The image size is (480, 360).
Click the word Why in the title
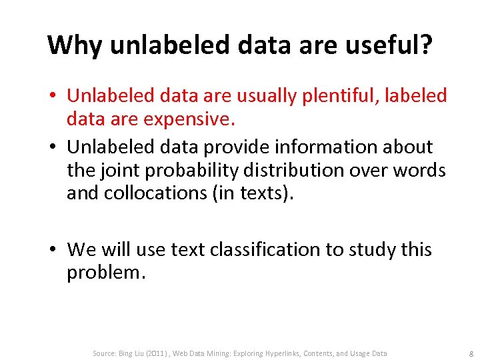click(x=75, y=45)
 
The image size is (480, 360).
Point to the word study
click(x=367, y=249)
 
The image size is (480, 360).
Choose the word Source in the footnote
click(x=105, y=353)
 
